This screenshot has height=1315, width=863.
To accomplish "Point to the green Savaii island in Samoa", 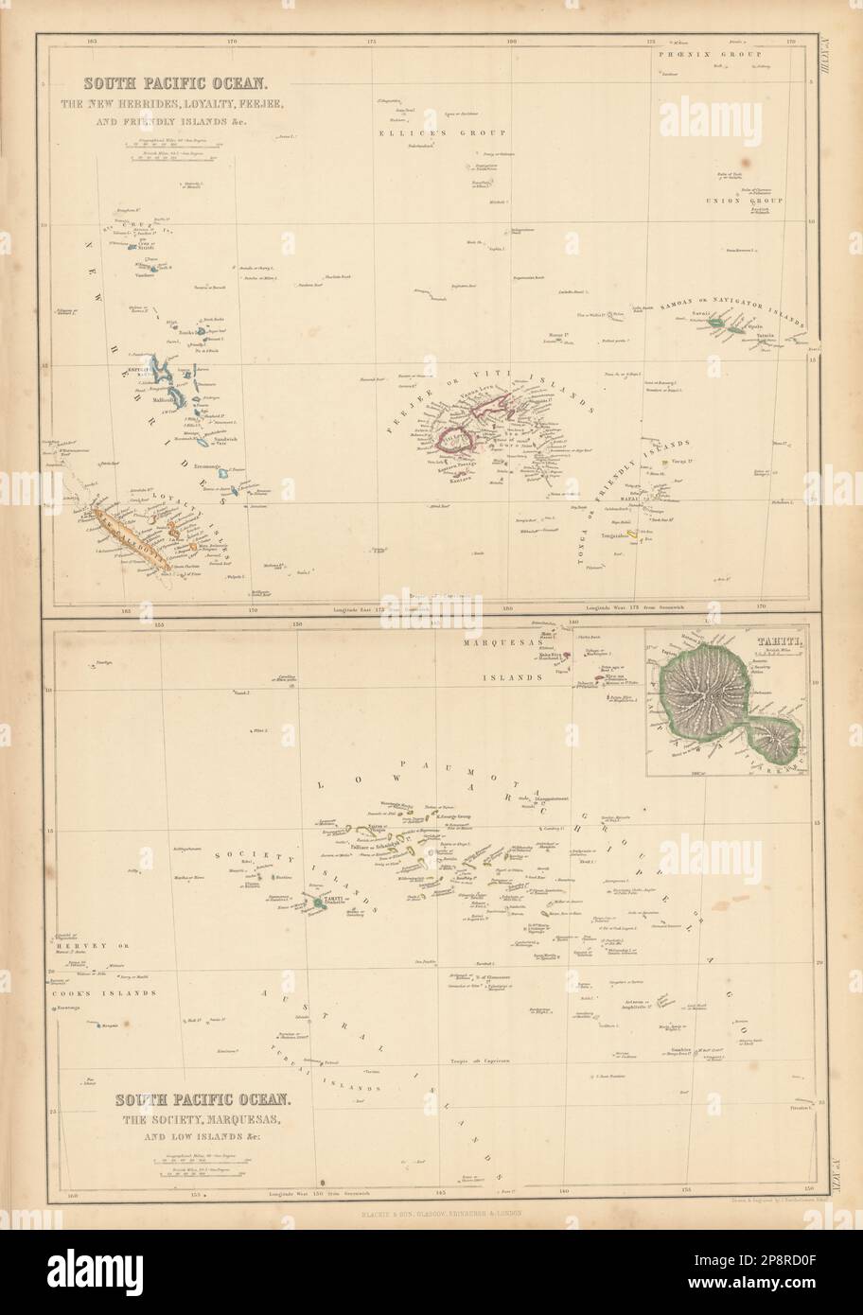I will [718, 324].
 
